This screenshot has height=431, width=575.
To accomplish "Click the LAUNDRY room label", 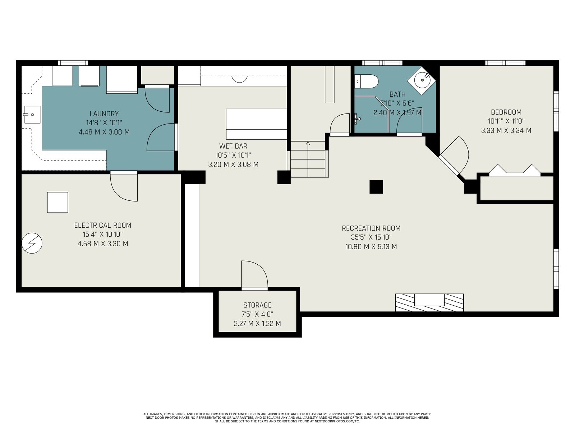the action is click(104, 114).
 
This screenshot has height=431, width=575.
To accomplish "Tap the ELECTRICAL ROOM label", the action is click(103, 225).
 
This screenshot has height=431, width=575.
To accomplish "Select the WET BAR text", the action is click(233, 146).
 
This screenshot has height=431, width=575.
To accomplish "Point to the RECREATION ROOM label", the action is click(371, 228).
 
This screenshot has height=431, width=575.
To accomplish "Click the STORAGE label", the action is click(257, 305).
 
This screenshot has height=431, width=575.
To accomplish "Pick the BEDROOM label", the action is click(506, 112).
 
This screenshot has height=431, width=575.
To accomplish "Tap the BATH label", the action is click(397, 94).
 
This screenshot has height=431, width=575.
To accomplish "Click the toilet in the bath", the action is click(367, 82).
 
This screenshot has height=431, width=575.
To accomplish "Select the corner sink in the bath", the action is click(421, 80).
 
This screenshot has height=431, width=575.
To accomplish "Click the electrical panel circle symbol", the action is click(32, 243).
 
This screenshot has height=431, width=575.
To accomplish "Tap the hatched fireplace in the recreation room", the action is click(429, 302).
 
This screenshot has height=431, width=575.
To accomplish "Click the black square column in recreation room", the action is click(376, 187).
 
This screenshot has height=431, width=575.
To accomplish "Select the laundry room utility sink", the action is click(32, 115).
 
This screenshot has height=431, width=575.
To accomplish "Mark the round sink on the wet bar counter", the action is click(239, 79).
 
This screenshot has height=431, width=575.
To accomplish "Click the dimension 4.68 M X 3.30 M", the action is click(103, 244).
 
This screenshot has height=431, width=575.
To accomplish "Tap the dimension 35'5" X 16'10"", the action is click(371, 237).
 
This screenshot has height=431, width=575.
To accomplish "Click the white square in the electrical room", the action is click(57, 202).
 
